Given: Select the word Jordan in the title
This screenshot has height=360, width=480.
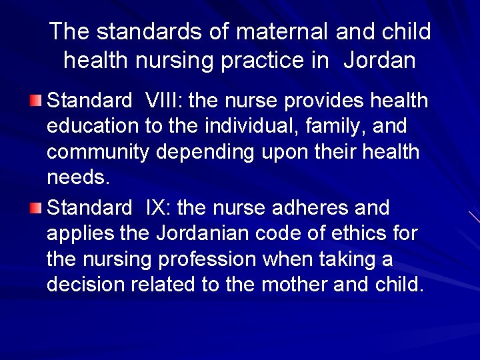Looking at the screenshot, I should coord(379,61).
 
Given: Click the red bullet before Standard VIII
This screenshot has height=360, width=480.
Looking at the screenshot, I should coord(35,101).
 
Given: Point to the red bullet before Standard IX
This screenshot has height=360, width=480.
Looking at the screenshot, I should coord(35,208).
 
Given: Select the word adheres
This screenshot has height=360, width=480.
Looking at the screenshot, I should coord(311,208).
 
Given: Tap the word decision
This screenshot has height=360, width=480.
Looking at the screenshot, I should coord(86,285).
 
